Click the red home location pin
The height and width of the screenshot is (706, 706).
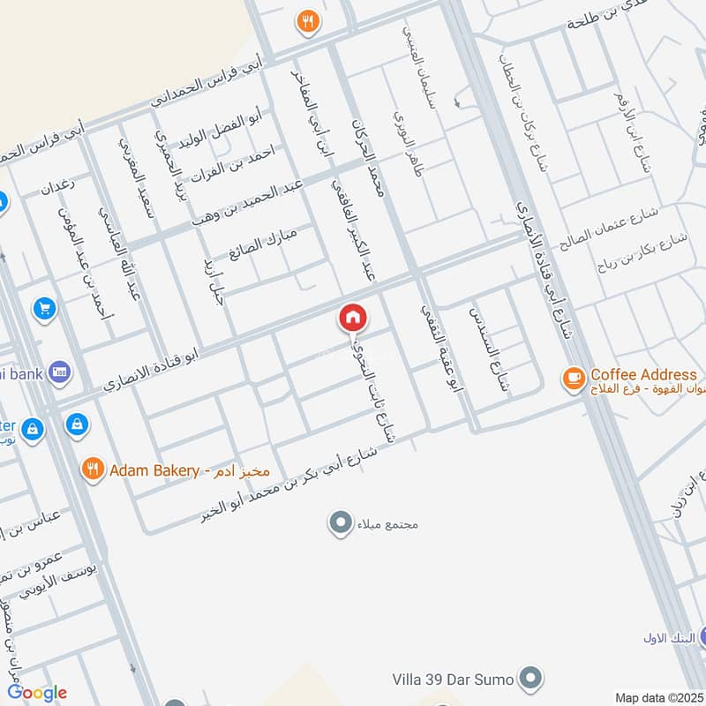pos(353,318)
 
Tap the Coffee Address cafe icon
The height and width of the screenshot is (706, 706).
pos(573,379)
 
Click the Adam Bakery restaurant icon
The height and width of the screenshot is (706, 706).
pos(93,469)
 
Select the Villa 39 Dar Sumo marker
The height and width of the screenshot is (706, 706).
pos(529,680)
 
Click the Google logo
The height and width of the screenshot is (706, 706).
pos(37,693)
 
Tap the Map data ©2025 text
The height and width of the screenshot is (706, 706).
pos(658,697)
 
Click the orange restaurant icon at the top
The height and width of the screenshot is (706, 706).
pos(307,22)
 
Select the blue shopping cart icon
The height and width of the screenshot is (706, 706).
pos(43,309)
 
